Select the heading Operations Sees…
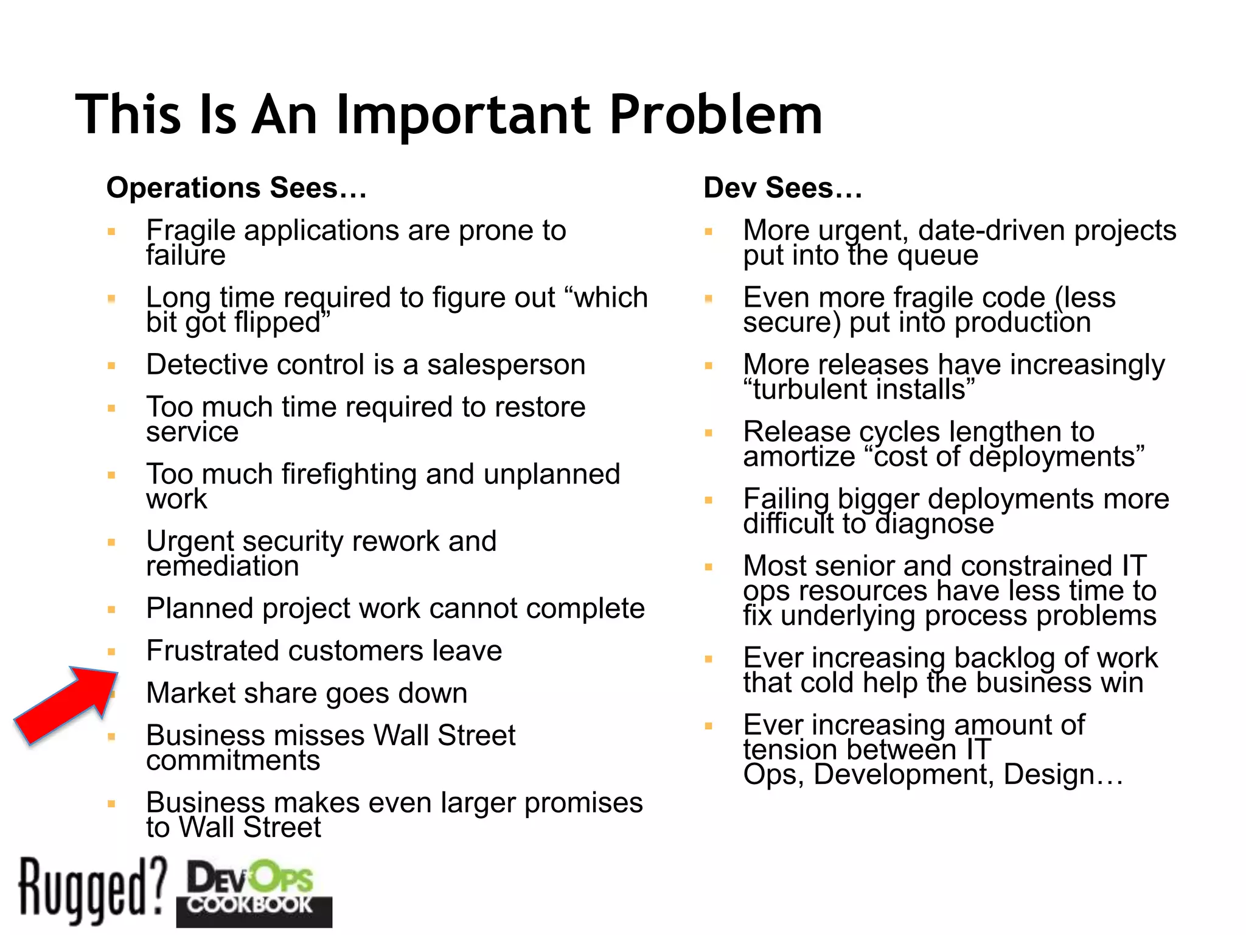[x=237, y=187]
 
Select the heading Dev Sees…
[x=783, y=187]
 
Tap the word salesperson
[x=506, y=365]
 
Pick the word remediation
[x=223, y=566]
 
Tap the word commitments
[x=233, y=760]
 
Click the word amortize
[x=799, y=457]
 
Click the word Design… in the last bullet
[x=1063, y=774]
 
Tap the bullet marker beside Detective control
[x=111, y=366]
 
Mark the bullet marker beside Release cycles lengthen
[x=708, y=433]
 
